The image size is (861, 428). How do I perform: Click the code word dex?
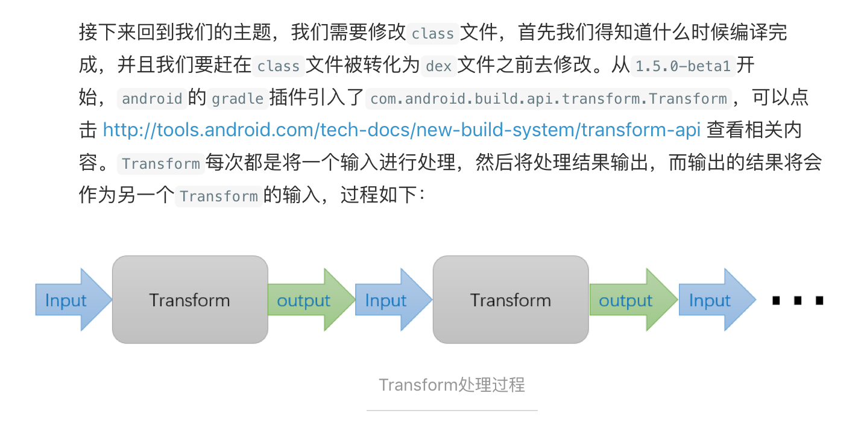coord(438,66)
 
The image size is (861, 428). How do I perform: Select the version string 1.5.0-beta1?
coord(683,66)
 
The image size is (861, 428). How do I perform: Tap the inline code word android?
coord(152,98)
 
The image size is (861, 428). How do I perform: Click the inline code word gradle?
coord(238,98)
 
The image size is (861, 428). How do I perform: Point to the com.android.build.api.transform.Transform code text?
coord(548,98)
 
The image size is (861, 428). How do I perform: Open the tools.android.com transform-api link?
coord(402,130)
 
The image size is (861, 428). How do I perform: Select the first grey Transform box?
coord(190,300)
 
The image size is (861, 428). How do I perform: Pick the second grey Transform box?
coord(511,300)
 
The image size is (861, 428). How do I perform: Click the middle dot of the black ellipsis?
coord(798,300)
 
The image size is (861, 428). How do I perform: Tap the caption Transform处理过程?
coord(452,385)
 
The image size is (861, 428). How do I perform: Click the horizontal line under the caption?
coord(452,411)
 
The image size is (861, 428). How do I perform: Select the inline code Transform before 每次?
coord(161,163)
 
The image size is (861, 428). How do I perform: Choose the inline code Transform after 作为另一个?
coord(219,196)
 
